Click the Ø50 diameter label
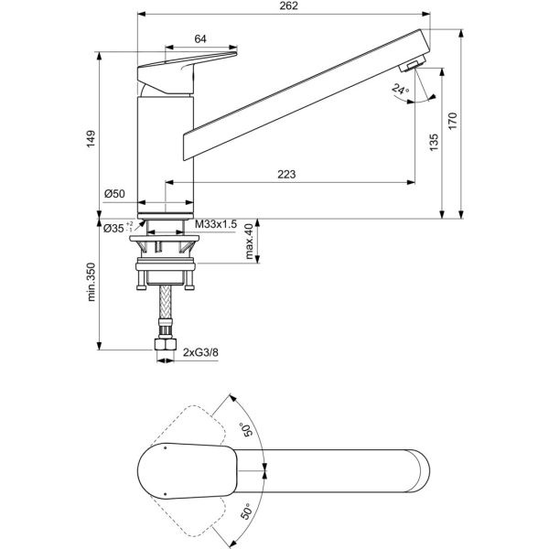point(113,193)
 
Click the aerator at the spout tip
point(411,62)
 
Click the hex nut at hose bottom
point(166,349)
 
